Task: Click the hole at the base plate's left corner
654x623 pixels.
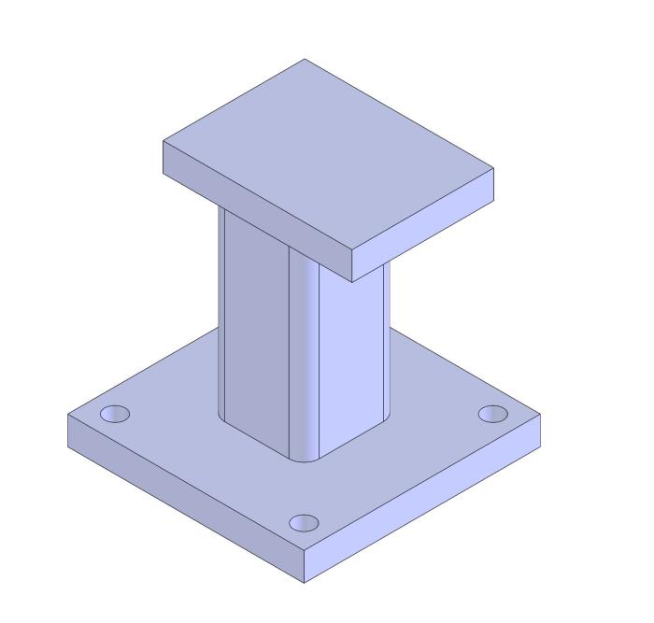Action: [x=115, y=413]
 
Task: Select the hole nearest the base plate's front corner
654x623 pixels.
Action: [x=304, y=523]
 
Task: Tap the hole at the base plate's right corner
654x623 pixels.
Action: [x=492, y=414]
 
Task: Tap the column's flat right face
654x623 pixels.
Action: [x=353, y=355]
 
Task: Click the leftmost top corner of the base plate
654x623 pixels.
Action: [x=69, y=412]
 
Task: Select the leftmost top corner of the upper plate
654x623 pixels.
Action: [x=163, y=141]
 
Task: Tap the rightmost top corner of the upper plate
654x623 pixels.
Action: [x=493, y=170]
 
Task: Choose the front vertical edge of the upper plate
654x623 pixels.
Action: [x=351, y=267]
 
